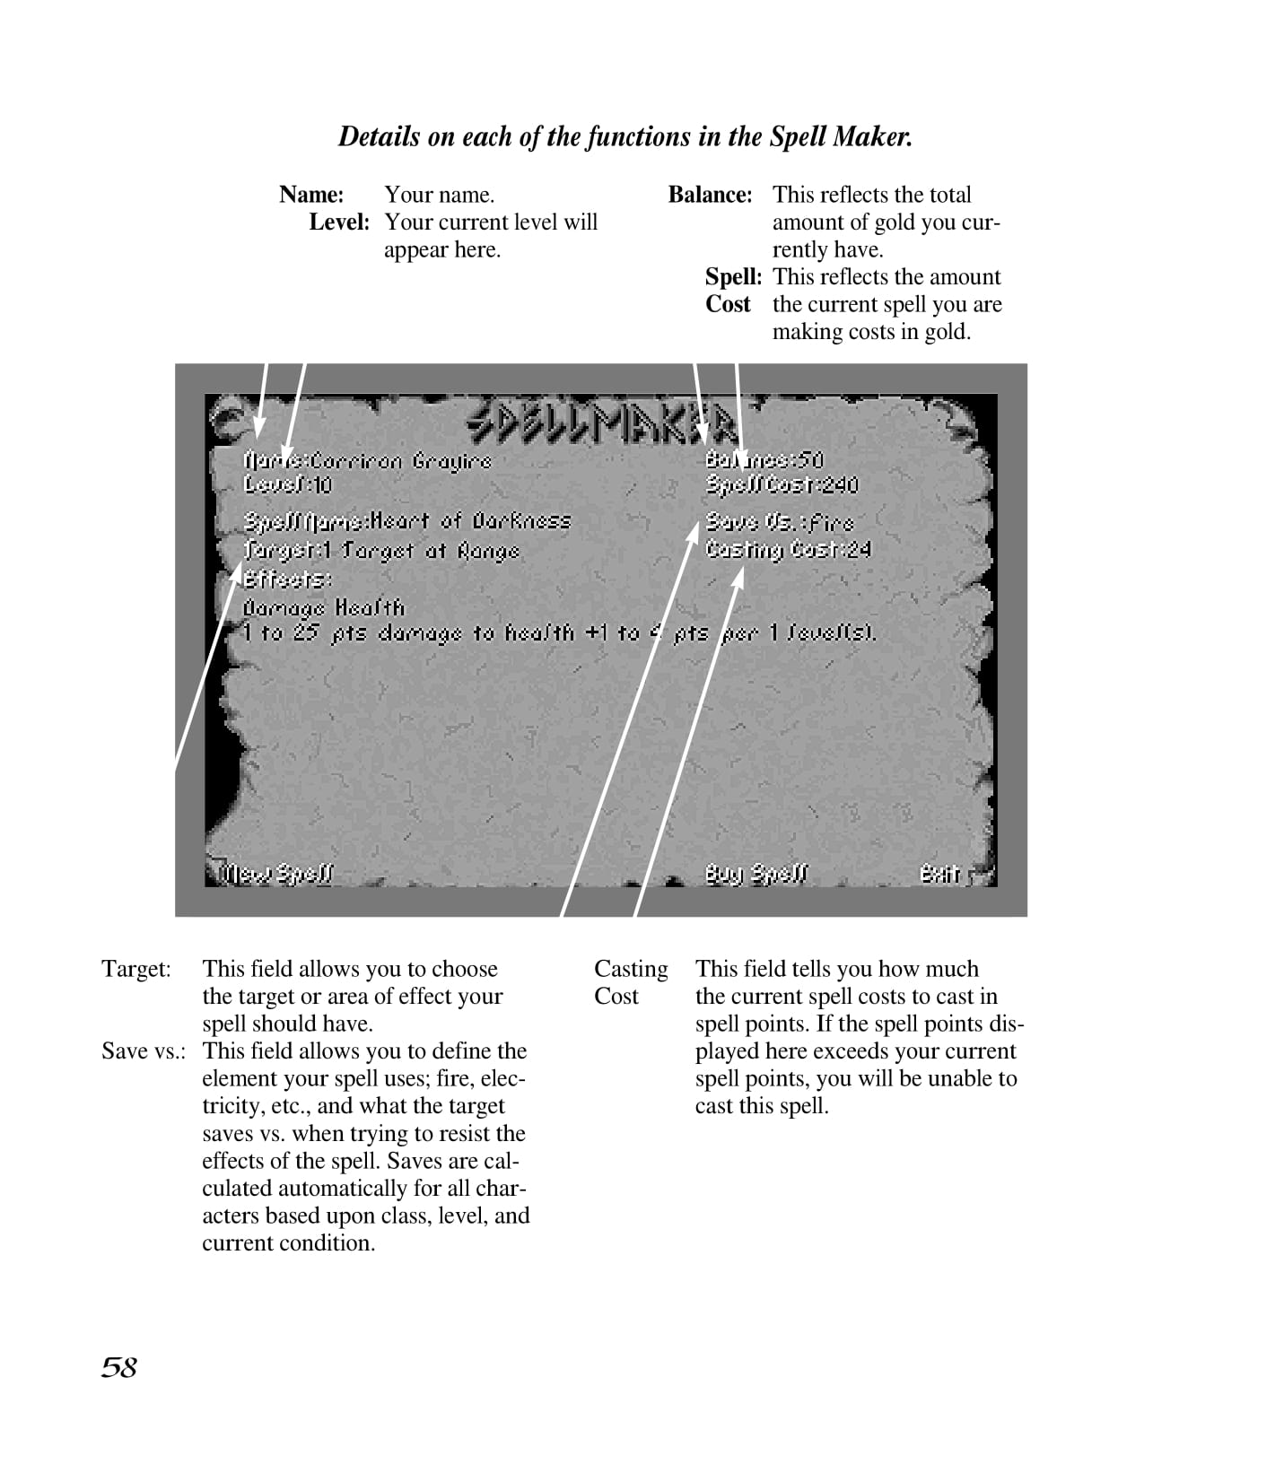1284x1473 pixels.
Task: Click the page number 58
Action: (x=118, y=1367)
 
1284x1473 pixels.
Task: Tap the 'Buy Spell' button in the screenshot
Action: (x=756, y=874)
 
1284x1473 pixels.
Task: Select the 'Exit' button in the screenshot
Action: (x=939, y=874)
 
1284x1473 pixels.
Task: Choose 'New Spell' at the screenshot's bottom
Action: (x=278, y=874)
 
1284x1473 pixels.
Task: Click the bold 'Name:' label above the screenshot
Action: (x=311, y=195)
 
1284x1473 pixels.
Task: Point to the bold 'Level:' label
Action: (x=339, y=222)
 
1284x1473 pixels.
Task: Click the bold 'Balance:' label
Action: (x=710, y=195)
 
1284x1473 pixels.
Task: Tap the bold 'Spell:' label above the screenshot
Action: (x=733, y=276)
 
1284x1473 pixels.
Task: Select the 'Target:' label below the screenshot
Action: (x=136, y=969)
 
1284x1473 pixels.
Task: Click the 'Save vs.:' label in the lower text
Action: (x=144, y=1050)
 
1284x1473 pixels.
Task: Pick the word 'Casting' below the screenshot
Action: (x=631, y=969)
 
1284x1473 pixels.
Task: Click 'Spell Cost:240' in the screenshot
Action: (x=782, y=486)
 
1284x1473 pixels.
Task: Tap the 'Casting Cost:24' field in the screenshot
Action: (x=788, y=549)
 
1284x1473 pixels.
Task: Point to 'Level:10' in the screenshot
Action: (x=288, y=485)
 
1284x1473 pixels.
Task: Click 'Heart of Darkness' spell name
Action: (x=471, y=521)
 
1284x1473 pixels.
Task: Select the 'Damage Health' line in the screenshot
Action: (x=324, y=607)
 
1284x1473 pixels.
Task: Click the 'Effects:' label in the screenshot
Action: (x=287, y=580)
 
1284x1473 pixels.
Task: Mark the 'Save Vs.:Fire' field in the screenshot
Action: (x=780, y=521)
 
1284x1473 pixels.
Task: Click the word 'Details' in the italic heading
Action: (x=379, y=137)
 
